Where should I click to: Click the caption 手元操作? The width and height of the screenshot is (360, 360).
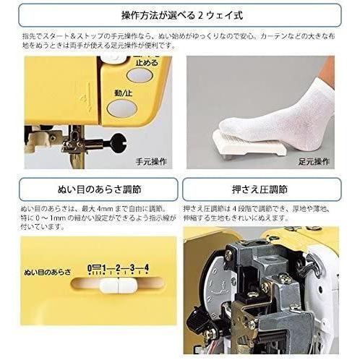point(151,161)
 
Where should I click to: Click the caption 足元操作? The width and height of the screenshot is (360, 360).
point(314,161)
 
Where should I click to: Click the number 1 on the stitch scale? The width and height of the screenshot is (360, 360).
point(103,268)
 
